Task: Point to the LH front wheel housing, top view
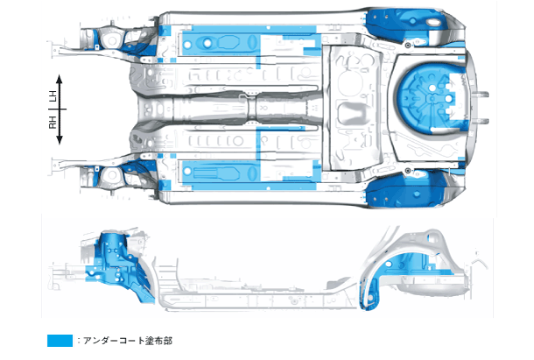pyautogui.click(x=123, y=39)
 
